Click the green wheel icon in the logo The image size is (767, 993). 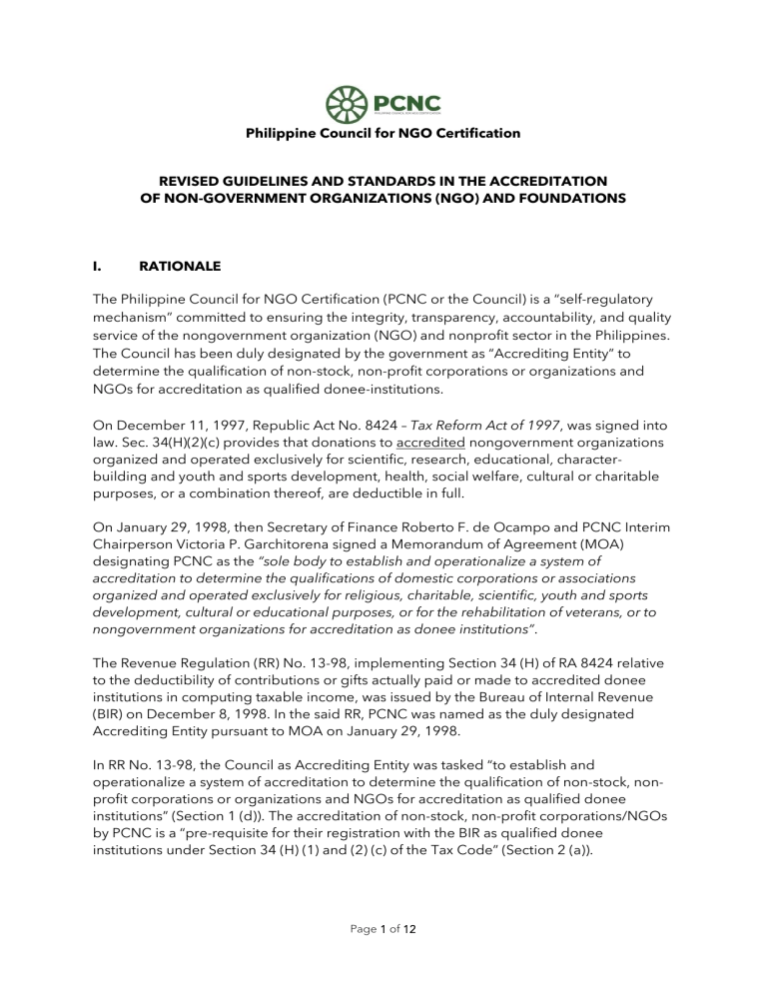pyautogui.click(x=345, y=103)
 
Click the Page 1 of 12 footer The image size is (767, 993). pyautogui.click(x=383, y=954)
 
